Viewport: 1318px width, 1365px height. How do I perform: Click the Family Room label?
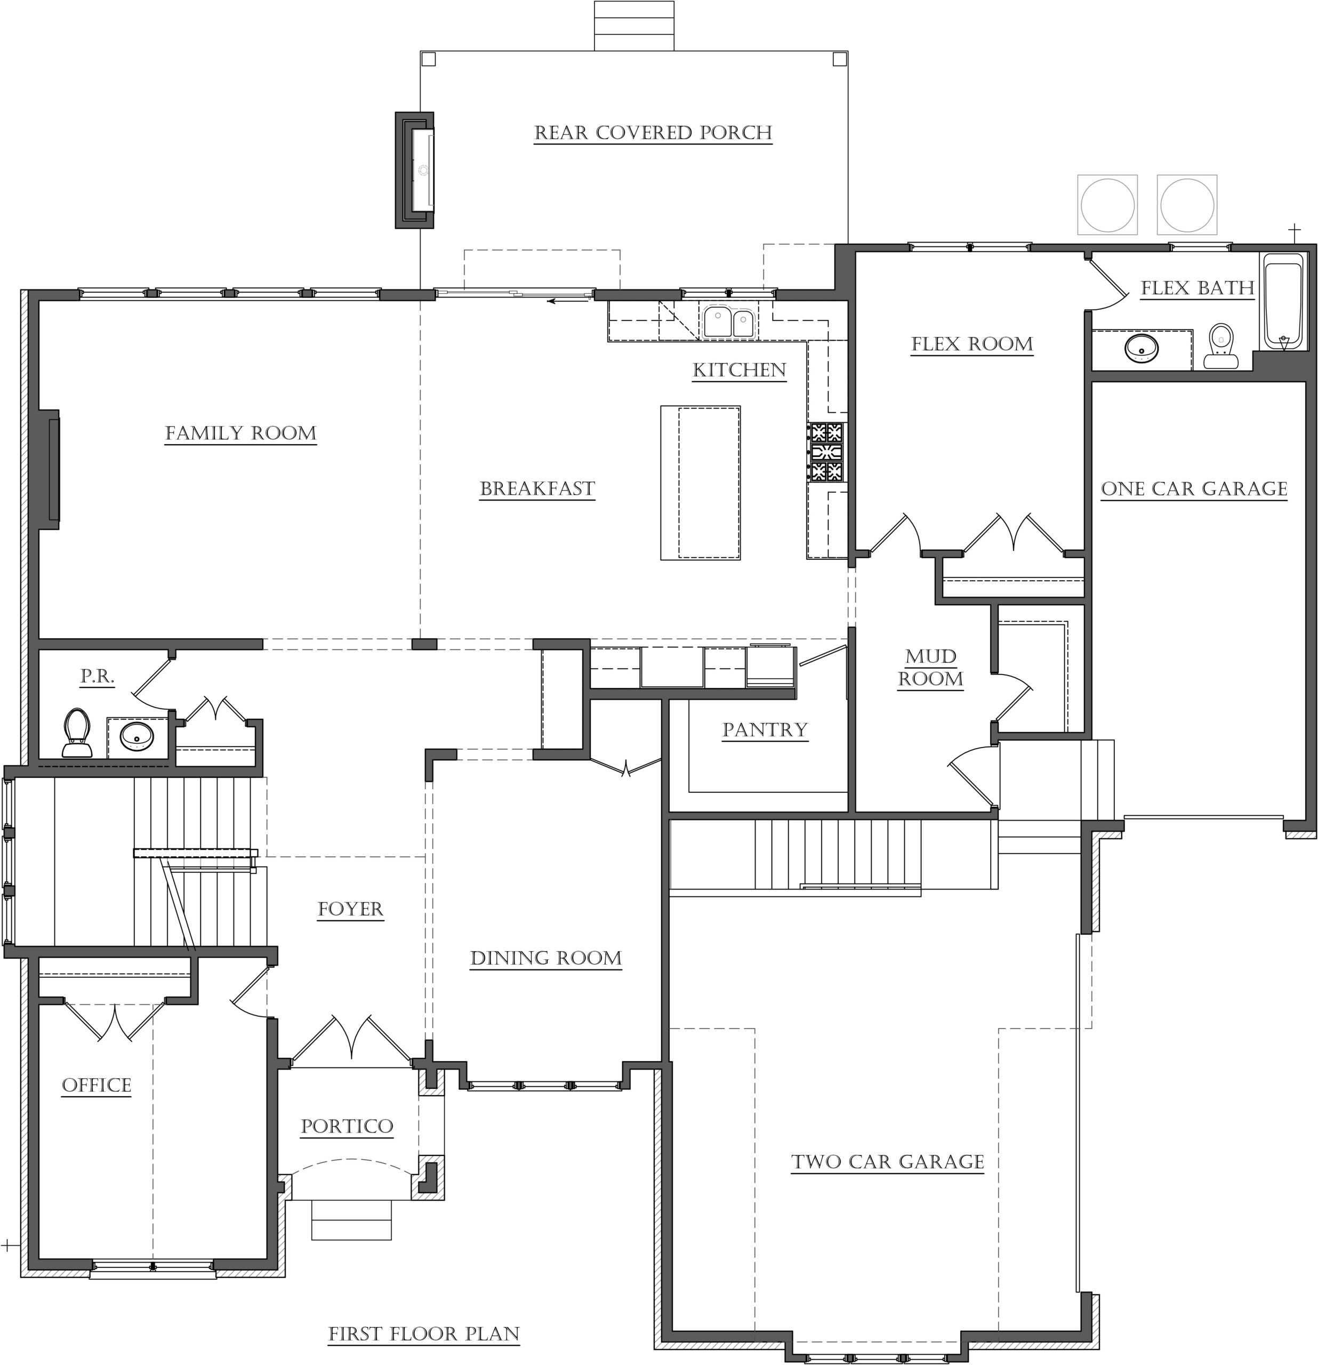[241, 433]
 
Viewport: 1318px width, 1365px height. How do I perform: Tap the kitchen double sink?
[728, 322]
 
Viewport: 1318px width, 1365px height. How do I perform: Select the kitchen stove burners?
[826, 452]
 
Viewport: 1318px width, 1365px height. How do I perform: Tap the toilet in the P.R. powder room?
[77, 733]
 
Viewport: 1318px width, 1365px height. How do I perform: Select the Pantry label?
[765, 730]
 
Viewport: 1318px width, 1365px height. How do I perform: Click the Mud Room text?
[931, 667]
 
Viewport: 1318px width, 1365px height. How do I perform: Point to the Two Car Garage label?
[888, 1162]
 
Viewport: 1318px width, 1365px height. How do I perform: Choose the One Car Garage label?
[1194, 489]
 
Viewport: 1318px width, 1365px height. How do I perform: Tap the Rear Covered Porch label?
[653, 133]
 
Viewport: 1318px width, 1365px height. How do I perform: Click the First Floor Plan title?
[424, 1334]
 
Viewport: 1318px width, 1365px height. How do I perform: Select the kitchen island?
[701, 483]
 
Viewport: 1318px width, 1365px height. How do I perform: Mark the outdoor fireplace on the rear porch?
[415, 170]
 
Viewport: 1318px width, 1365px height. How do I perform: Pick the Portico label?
[347, 1126]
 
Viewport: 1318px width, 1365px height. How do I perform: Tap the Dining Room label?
[546, 958]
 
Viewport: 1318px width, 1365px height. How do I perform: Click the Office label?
[97, 1085]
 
